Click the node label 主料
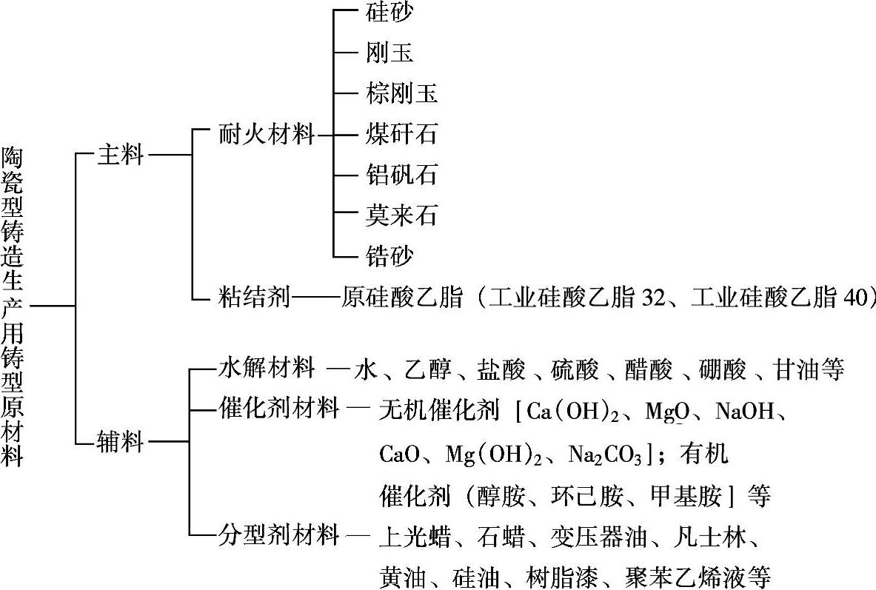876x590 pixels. [120, 155]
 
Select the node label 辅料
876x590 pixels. [120, 443]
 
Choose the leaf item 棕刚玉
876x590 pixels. [402, 93]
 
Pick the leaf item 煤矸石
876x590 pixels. [402, 134]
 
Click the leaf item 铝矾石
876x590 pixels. [402, 175]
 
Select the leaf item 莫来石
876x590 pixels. [402, 215]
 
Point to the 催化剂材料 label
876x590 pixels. [279, 408]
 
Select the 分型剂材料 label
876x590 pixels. [279, 533]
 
